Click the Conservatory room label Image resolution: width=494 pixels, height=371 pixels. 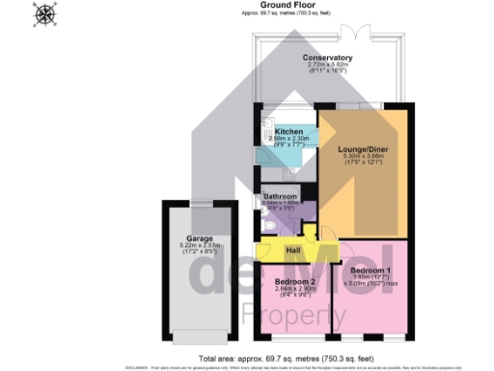(328, 58)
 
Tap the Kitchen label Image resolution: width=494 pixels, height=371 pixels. (289, 130)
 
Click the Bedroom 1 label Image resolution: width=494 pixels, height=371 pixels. (370, 270)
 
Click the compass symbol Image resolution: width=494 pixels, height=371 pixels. (44, 14)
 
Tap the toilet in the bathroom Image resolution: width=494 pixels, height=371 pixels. (269, 226)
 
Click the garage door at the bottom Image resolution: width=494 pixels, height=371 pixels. (199, 337)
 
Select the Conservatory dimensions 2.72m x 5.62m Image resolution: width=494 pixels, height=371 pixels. (328, 66)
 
